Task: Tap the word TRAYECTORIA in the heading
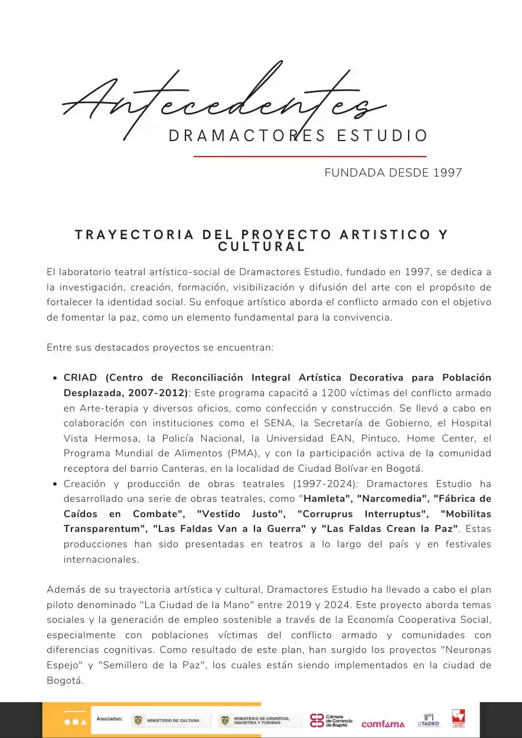[x=135, y=235]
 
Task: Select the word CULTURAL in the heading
[x=262, y=247]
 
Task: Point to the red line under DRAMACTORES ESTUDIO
[x=310, y=156]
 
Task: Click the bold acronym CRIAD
[x=81, y=377]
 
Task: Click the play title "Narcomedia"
[x=392, y=498]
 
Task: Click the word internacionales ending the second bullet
[x=102, y=560]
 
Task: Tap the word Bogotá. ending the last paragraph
[x=65, y=680]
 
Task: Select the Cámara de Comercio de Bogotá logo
[x=331, y=720]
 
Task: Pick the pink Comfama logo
[x=383, y=724]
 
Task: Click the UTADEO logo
[x=429, y=720]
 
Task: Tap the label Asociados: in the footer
[x=109, y=719]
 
